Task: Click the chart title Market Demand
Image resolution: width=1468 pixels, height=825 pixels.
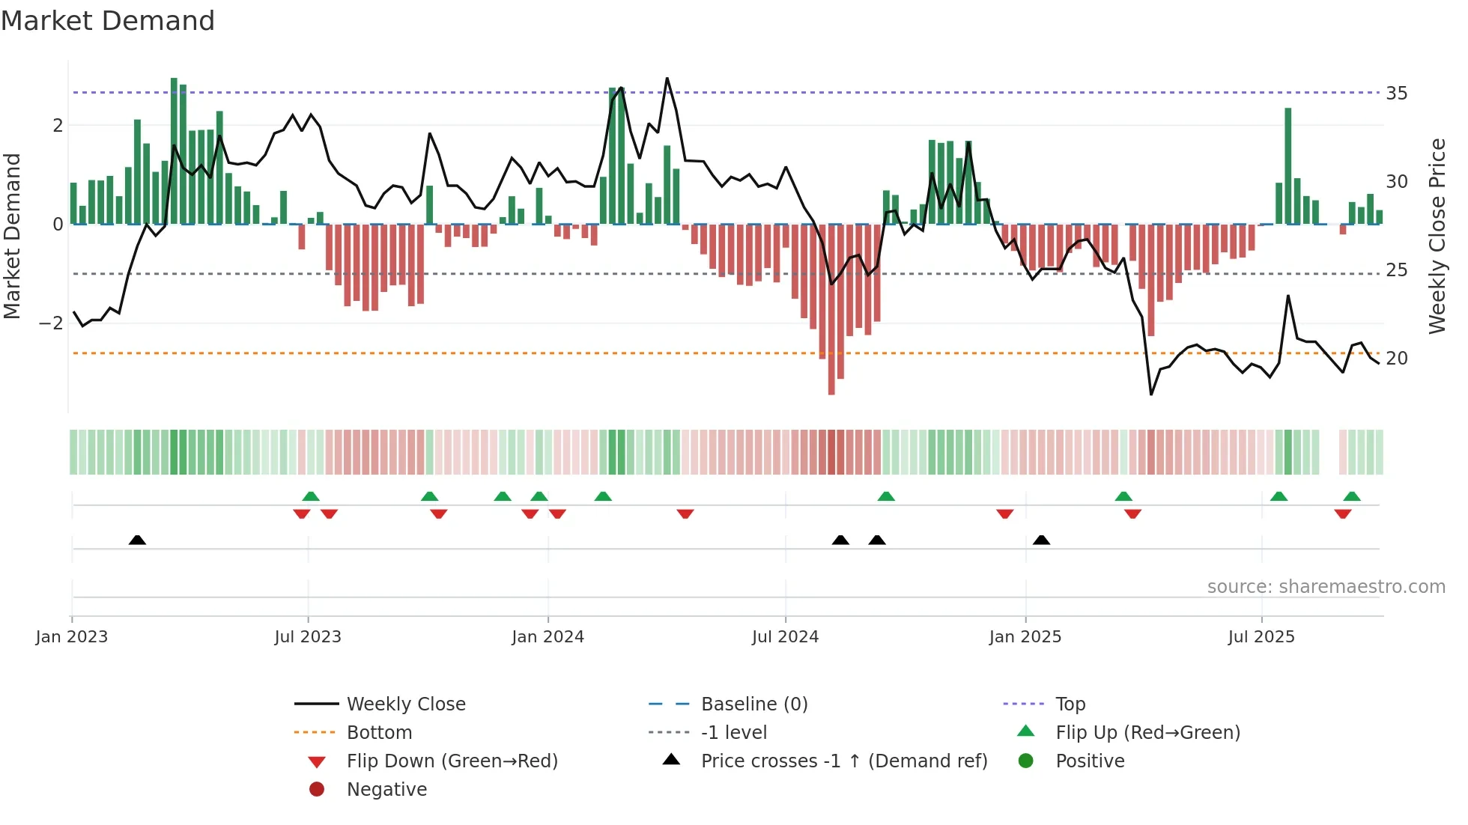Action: click(108, 21)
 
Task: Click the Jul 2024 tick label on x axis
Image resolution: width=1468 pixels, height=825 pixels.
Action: click(785, 637)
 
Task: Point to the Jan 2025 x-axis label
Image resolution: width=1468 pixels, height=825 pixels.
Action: click(1025, 637)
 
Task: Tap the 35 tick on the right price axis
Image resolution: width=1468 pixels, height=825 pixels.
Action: click(1396, 94)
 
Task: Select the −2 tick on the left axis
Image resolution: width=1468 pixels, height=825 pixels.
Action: click(51, 323)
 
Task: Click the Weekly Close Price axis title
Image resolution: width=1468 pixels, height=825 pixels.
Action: click(1437, 236)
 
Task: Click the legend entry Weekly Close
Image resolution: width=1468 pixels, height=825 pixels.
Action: click(405, 704)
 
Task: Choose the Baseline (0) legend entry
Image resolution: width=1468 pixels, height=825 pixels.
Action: click(753, 704)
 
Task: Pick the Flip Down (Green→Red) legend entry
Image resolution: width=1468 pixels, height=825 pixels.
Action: click(452, 761)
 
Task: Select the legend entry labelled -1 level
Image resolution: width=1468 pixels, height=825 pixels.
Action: click(733, 733)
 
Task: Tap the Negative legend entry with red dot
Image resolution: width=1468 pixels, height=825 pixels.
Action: click(386, 790)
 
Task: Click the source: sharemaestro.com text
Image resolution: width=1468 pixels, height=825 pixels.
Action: click(1326, 587)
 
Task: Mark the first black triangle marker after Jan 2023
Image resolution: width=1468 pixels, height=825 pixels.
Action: click(137, 540)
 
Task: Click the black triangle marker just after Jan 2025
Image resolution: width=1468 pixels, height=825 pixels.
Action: click(1041, 540)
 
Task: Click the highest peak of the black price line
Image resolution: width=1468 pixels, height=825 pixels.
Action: click(667, 79)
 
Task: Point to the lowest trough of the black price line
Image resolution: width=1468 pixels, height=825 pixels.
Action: click(1151, 394)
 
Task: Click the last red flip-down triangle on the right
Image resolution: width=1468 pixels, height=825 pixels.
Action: click(1342, 514)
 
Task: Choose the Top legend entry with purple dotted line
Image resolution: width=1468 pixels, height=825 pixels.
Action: click(1070, 704)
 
